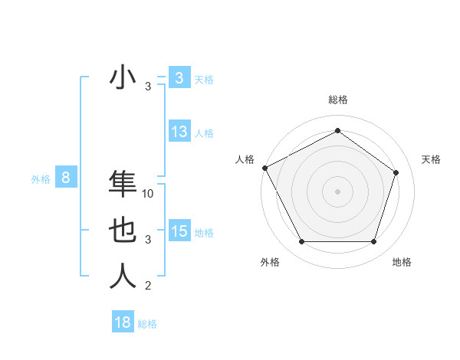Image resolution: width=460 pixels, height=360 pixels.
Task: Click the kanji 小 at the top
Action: coord(123,79)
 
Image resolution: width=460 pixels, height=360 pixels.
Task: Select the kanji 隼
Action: coord(123,185)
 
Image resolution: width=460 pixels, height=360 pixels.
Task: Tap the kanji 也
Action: coord(123,231)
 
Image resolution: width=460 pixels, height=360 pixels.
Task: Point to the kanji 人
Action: coord(123,277)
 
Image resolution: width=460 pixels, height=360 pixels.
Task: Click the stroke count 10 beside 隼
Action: coord(149,194)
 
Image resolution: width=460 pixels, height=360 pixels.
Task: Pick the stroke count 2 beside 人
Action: coord(148,286)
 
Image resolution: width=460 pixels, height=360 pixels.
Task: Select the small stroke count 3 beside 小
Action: coord(148,87)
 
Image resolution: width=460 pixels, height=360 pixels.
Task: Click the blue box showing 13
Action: coord(179,132)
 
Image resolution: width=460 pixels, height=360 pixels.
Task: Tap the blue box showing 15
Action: coord(179,231)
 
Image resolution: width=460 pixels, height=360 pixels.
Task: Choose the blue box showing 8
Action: coord(66,178)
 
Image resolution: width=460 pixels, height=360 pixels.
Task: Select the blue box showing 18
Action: coord(123,322)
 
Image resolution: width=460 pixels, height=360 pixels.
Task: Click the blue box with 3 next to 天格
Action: coord(179,78)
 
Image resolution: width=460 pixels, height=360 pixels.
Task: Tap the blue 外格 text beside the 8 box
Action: coord(41,179)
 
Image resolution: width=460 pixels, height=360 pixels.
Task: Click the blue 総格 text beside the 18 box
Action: coord(147,324)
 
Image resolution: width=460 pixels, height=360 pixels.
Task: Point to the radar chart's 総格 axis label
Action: coord(337,100)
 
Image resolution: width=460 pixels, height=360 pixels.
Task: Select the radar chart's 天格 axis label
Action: coord(431,159)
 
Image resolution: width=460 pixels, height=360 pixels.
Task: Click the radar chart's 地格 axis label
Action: coord(402,262)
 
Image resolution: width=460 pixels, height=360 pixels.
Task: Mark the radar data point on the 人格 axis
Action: coord(264,168)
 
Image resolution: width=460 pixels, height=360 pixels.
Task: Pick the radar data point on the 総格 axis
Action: coord(337,131)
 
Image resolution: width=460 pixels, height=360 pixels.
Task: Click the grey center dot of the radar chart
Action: coord(337,191)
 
